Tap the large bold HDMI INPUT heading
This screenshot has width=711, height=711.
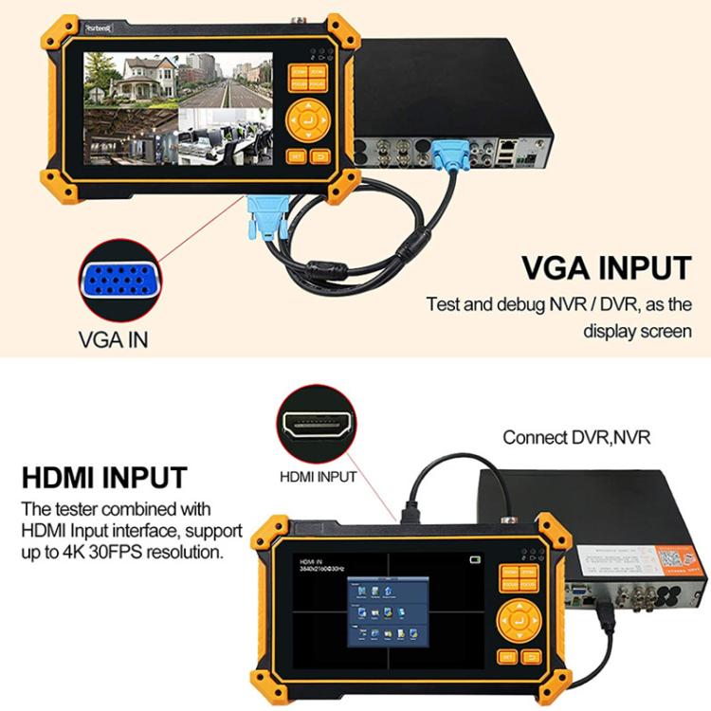point(104,477)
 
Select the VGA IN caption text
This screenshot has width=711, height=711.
point(112,339)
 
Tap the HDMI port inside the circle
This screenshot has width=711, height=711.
point(317,428)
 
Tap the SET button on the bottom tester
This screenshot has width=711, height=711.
point(507,657)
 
